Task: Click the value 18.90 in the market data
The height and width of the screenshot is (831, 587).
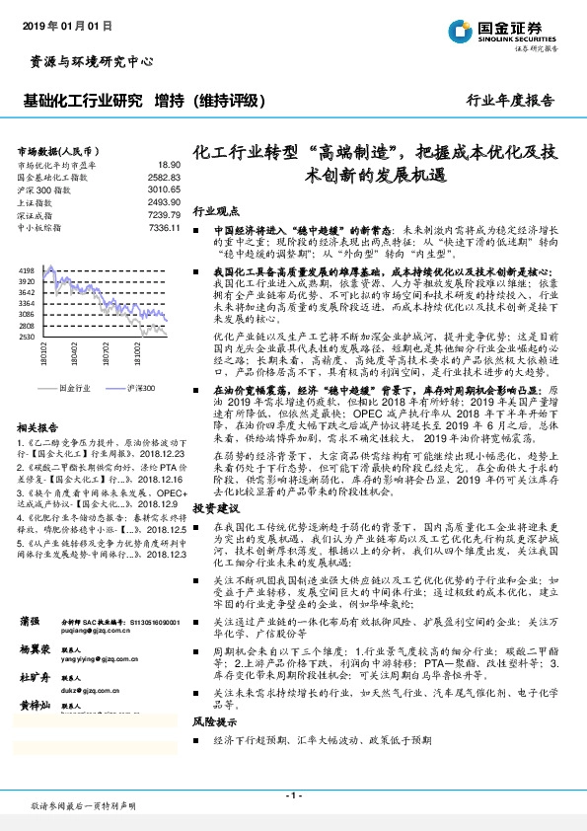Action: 169,165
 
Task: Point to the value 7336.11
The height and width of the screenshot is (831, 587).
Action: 164,228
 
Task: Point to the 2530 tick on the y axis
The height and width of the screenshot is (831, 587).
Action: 27,337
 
